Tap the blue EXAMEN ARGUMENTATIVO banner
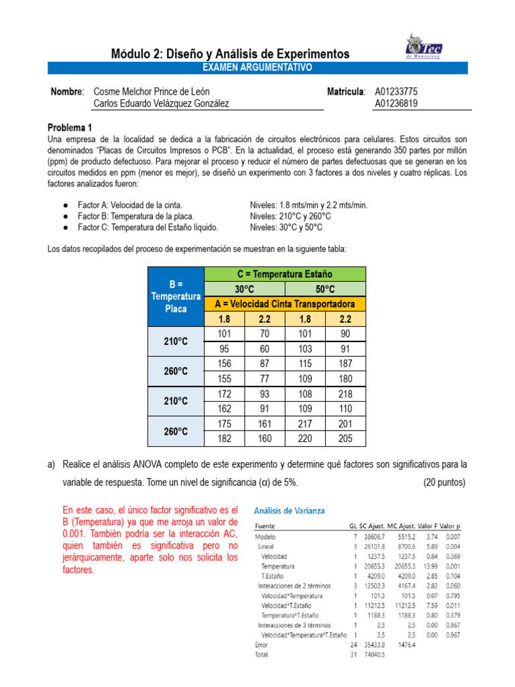(257, 68)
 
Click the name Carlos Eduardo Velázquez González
(161, 103)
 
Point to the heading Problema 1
(70, 127)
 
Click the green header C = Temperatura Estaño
(284, 274)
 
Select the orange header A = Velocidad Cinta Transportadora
(284, 303)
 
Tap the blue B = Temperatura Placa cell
(176, 296)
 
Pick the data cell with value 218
(345, 393)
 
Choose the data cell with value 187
(345, 364)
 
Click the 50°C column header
(325, 288)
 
